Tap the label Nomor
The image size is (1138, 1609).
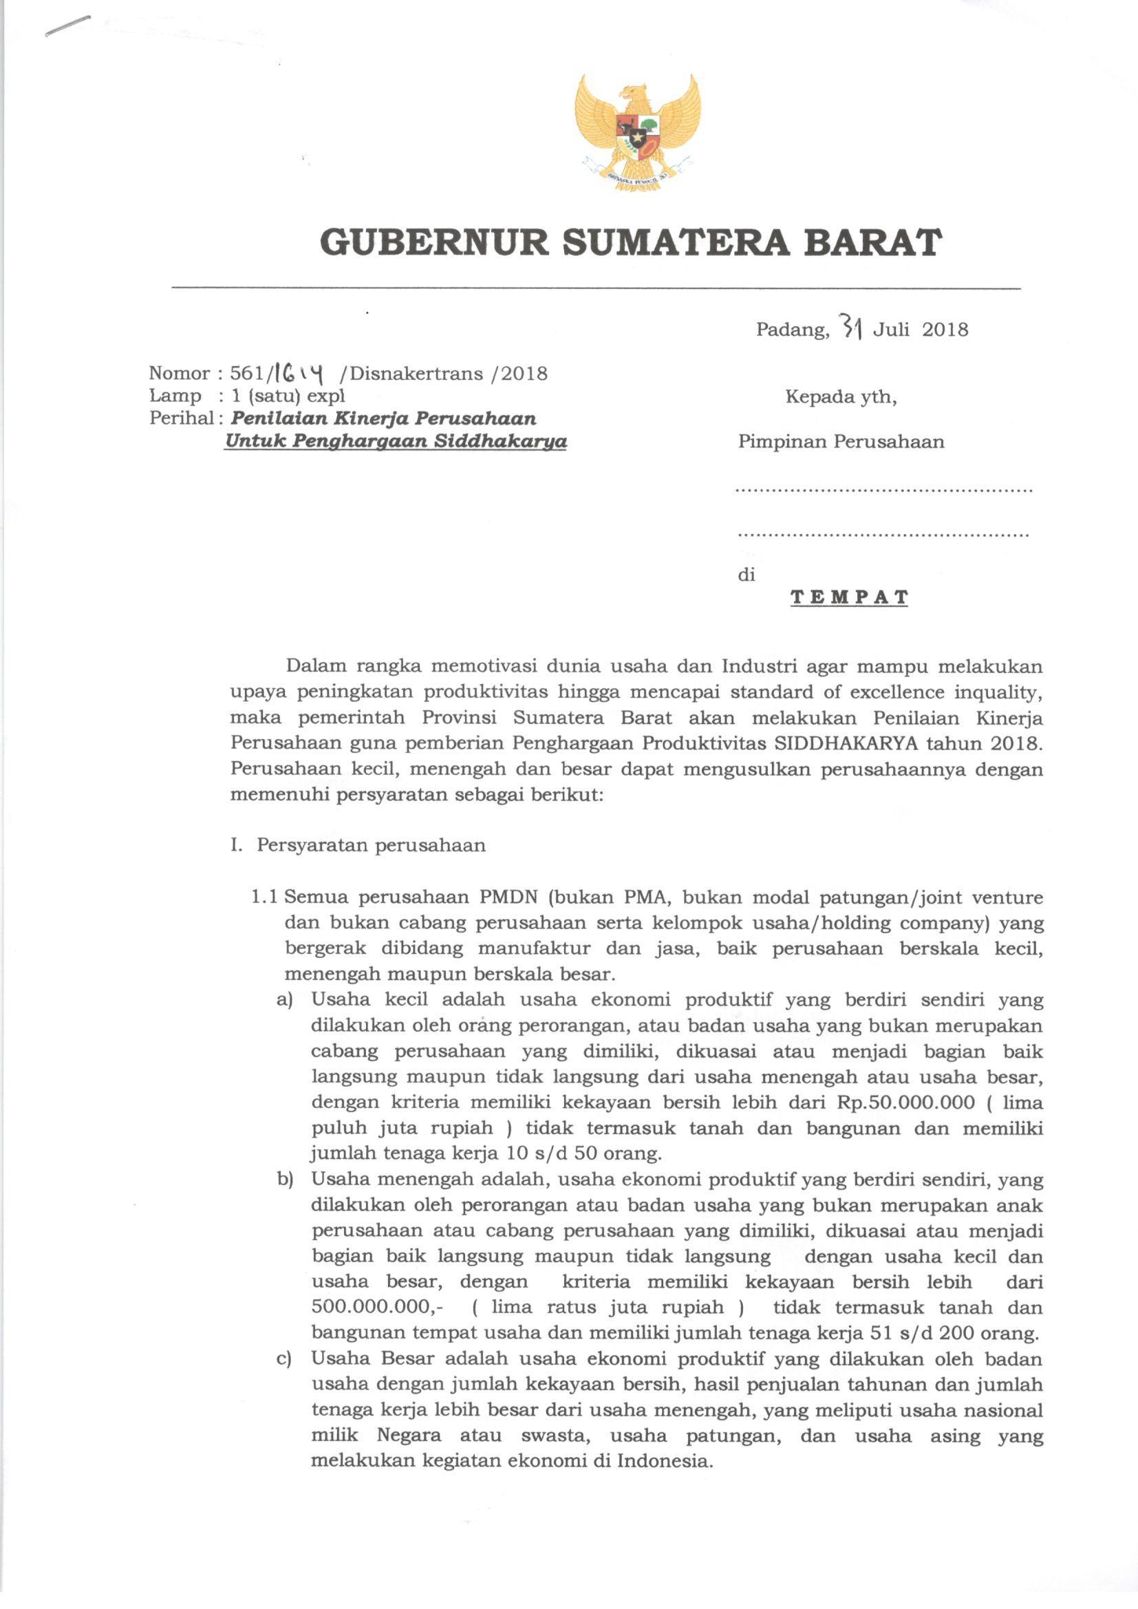click(180, 374)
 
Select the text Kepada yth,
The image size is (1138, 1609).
click(841, 396)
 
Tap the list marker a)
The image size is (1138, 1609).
click(286, 1000)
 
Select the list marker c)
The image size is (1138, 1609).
click(285, 1358)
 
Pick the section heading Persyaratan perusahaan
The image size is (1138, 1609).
click(371, 845)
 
